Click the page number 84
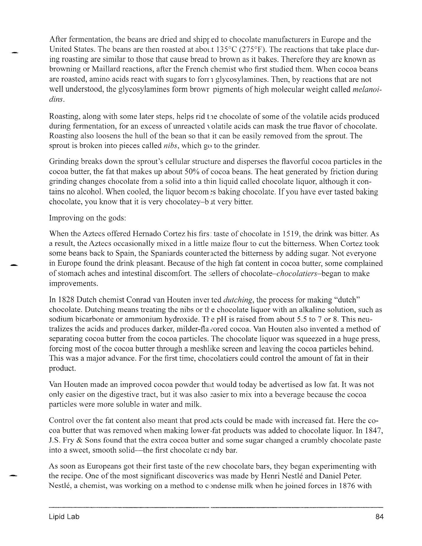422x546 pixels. click(x=379, y=517)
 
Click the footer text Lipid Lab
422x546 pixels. click(x=64, y=517)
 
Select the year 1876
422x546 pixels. click(x=347, y=486)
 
